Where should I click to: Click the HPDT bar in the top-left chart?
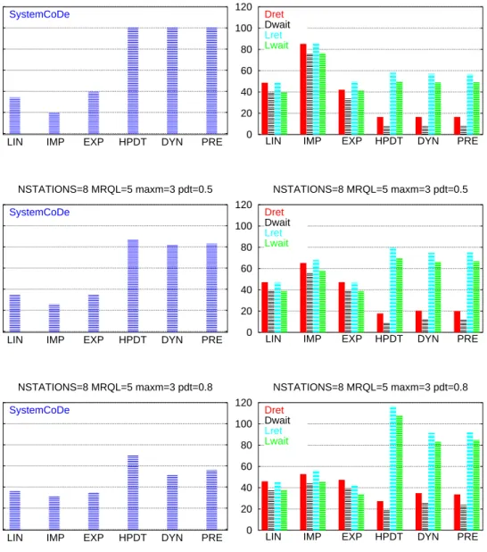click(x=133, y=80)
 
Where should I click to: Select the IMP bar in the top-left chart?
click(x=54, y=123)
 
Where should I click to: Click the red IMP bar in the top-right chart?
click(x=303, y=89)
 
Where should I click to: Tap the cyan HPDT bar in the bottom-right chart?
click(x=393, y=468)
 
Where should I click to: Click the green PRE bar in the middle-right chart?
click(x=476, y=297)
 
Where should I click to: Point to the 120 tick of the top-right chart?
click(x=243, y=7)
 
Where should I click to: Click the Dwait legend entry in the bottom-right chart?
click(x=277, y=421)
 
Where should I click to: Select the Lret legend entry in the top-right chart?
click(x=273, y=35)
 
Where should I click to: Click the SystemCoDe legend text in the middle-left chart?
click(x=39, y=213)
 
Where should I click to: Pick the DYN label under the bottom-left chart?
click(x=172, y=538)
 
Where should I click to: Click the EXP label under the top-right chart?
click(x=352, y=141)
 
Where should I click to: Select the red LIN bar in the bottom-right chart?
click(x=265, y=506)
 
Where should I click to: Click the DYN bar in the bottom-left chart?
click(x=172, y=502)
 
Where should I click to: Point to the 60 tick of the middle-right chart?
click(x=246, y=269)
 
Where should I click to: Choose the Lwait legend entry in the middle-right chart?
click(x=277, y=243)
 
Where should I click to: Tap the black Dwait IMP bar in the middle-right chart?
click(x=310, y=303)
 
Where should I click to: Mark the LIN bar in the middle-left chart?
click(x=15, y=314)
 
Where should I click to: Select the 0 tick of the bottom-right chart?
click(x=250, y=531)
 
